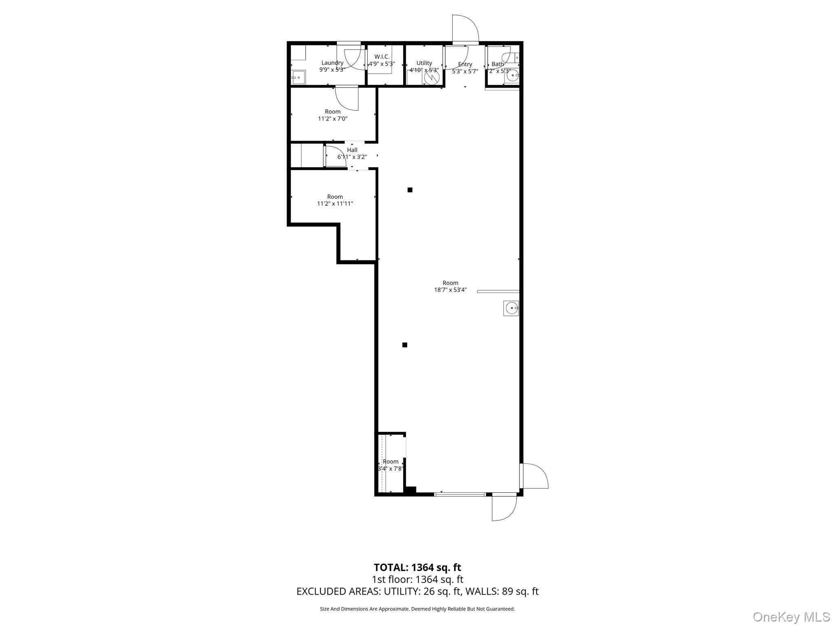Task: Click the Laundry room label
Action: click(x=332, y=63)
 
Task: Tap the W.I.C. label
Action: click(x=382, y=57)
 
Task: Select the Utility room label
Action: click(x=424, y=63)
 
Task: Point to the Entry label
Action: click(x=465, y=64)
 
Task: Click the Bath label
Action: click(x=497, y=64)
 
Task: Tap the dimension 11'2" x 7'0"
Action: click(x=333, y=119)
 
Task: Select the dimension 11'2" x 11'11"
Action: click(x=335, y=204)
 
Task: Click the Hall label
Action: click(x=352, y=150)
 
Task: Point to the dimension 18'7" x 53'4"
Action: click(x=450, y=290)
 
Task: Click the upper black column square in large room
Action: click(x=410, y=190)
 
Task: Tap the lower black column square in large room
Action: click(x=405, y=345)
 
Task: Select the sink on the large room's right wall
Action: click(x=511, y=308)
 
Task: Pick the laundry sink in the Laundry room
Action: click(x=298, y=77)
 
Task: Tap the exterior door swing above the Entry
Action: click(x=465, y=29)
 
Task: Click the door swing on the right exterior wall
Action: click(x=535, y=476)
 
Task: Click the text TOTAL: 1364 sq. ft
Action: click(x=417, y=567)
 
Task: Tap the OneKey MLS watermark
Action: click(x=791, y=617)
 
